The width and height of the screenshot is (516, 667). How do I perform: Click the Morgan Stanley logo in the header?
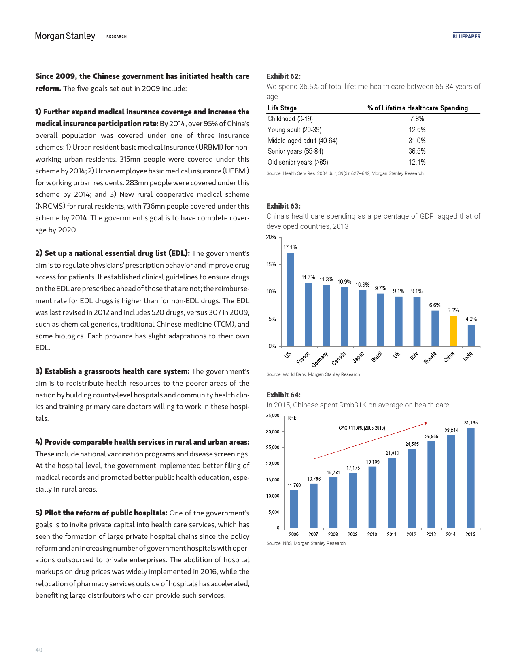65,36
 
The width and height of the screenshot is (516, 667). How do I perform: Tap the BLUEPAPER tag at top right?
466,36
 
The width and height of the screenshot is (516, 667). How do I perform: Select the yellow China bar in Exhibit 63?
453,331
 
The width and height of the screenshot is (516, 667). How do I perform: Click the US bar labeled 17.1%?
290,300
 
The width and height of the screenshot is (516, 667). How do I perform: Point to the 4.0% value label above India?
471,319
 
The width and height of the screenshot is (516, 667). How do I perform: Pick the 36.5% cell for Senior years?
417,151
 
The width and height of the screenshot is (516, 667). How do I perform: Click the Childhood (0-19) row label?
290,119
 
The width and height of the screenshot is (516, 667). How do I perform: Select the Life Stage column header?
282,108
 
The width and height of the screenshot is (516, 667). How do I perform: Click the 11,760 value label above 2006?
294,485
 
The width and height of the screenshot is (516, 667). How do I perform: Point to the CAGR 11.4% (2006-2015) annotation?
362,428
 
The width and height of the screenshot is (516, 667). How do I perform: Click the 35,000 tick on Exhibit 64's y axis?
272,416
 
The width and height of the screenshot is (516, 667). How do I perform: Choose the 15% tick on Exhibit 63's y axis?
271,264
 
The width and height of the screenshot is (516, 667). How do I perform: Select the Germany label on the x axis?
319,359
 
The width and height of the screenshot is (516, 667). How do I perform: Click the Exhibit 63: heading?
283,206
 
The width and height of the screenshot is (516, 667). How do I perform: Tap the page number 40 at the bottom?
39,650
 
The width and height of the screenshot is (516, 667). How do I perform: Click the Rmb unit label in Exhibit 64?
292,418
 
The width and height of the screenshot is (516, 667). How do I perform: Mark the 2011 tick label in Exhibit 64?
392,534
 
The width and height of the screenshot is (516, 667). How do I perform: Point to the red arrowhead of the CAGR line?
426,423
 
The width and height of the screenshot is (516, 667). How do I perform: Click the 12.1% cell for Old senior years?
417,162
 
